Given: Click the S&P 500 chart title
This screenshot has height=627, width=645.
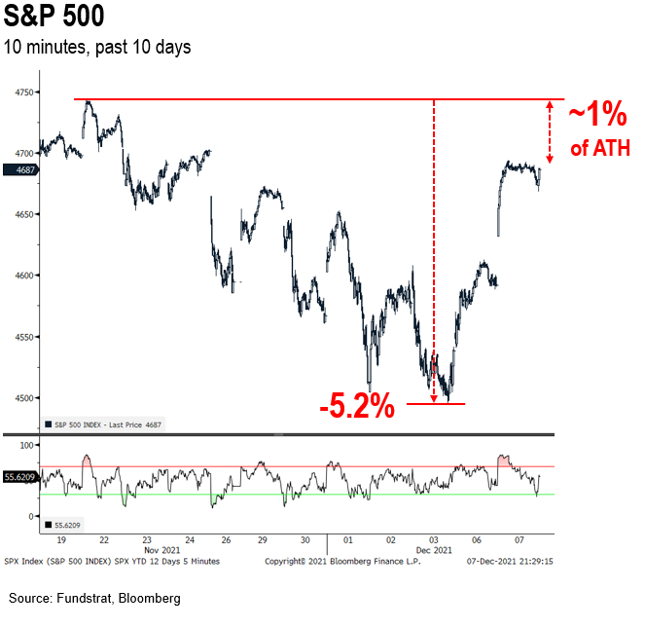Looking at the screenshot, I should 54,19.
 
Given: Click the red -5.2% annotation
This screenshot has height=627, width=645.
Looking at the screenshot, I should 357,405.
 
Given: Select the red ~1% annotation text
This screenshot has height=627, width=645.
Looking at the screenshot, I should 597,116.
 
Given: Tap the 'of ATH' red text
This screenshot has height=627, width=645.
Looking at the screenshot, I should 598,149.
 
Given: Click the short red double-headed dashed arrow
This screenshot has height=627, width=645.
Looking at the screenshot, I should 550,131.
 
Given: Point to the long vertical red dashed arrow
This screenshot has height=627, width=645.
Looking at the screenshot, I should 434,243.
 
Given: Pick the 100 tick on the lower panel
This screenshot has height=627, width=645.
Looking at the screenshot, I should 27,445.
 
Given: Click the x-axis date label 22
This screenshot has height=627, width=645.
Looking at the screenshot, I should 103,538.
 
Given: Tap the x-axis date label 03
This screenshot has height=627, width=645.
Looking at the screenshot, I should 433,538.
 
